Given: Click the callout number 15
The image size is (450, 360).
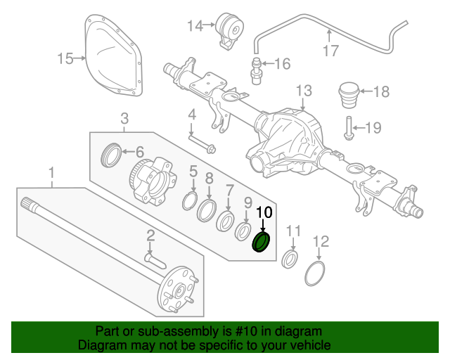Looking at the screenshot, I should (65, 58).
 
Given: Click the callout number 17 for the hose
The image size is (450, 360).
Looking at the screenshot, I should (331, 50).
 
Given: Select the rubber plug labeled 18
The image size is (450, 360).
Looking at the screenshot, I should (349, 94).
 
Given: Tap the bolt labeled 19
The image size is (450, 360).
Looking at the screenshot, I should (348, 129).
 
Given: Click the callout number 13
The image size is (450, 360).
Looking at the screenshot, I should (303, 91).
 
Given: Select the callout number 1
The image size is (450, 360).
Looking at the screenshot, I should (51, 172).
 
